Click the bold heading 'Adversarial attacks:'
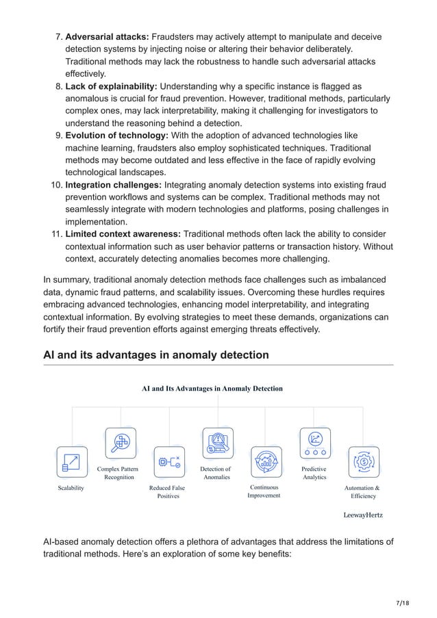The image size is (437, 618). pos(107,36)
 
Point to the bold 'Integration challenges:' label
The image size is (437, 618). pos(113,184)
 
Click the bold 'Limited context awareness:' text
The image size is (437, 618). pos(123,234)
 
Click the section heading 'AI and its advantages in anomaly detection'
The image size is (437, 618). pos(155,355)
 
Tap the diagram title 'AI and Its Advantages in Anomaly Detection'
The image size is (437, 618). pos(212,389)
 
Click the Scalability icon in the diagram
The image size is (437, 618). pos(71,462)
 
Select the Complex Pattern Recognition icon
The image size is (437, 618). pos(120,442)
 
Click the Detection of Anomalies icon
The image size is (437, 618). pos(217,442)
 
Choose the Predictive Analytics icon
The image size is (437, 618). pos(315,442)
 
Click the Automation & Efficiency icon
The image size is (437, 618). pos(364,462)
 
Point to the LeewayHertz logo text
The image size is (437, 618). pos(362,515)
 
